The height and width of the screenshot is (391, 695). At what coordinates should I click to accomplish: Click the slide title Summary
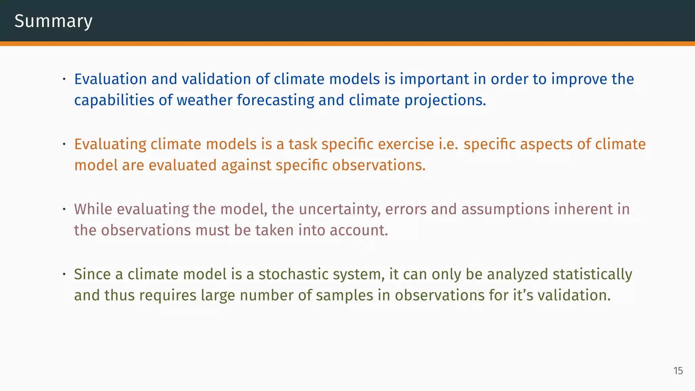(x=53, y=21)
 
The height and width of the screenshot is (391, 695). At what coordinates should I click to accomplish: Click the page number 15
(x=678, y=371)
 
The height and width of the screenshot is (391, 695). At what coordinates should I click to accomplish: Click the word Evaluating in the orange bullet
(x=110, y=144)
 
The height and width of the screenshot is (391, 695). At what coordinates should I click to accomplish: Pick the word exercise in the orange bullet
(x=406, y=144)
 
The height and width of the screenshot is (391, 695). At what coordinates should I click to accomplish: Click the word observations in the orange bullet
(x=378, y=165)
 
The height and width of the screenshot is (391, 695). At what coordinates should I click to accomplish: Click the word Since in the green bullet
(x=92, y=274)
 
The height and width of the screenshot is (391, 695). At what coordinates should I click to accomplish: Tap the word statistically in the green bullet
(x=592, y=274)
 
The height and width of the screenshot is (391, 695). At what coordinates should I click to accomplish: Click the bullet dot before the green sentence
(x=64, y=275)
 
